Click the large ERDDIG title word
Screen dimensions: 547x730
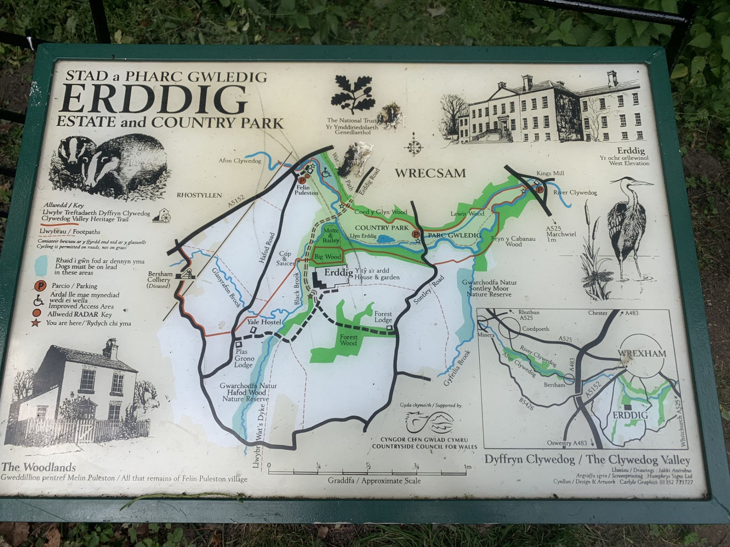(x=154, y=100)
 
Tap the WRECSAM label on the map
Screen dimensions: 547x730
(x=430, y=173)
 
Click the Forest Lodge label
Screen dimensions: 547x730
(x=383, y=317)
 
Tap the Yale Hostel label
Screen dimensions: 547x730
(x=264, y=322)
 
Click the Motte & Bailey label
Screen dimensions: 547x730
(x=331, y=236)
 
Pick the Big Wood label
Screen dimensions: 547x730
(x=327, y=257)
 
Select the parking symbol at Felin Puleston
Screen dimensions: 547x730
(x=302, y=181)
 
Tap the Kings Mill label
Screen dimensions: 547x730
(x=550, y=173)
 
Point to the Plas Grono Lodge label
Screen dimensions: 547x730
(x=244, y=358)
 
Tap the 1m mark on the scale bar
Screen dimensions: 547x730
(x=467, y=467)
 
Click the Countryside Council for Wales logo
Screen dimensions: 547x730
(x=430, y=423)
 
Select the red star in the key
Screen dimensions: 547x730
(x=36, y=323)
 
